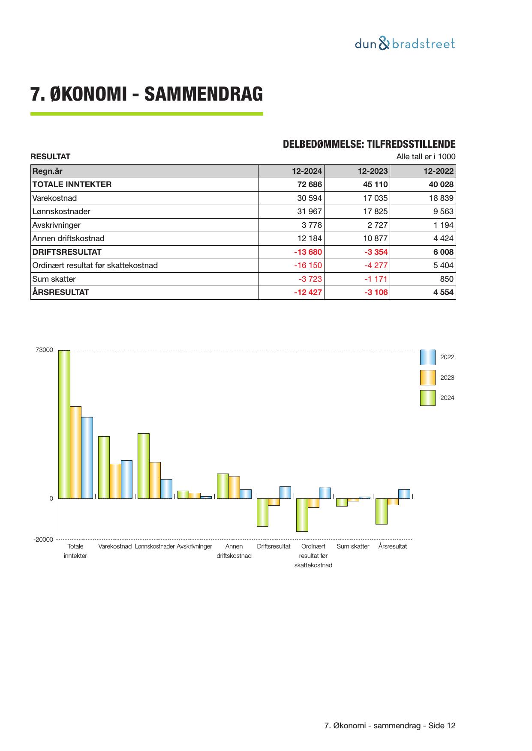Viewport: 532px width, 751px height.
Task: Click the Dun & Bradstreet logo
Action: point(404,44)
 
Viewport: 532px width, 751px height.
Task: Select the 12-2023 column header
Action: point(373,171)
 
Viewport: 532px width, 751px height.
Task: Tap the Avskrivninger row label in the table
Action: point(57,225)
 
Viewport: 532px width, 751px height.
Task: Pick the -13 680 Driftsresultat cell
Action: point(307,252)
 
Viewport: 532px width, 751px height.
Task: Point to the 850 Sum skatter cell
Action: point(447,279)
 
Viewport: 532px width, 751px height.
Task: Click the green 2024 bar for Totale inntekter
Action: point(64,424)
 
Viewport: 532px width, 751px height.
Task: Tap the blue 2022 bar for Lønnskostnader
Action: point(166,489)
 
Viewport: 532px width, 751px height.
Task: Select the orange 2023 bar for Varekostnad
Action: point(115,481)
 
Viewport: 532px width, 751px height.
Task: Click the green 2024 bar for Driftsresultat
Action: point(262,512)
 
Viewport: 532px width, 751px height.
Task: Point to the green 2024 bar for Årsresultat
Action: point(381,511)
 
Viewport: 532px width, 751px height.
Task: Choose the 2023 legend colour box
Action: point(427,378)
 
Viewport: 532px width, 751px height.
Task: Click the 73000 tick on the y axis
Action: point(44,350)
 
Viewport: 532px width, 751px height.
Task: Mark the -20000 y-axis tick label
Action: point(43,539)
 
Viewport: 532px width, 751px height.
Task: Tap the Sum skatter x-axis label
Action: point(353,546)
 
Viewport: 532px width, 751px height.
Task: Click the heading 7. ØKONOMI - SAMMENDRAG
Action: point(146,94)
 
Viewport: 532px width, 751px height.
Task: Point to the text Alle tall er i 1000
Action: point(426,156)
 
